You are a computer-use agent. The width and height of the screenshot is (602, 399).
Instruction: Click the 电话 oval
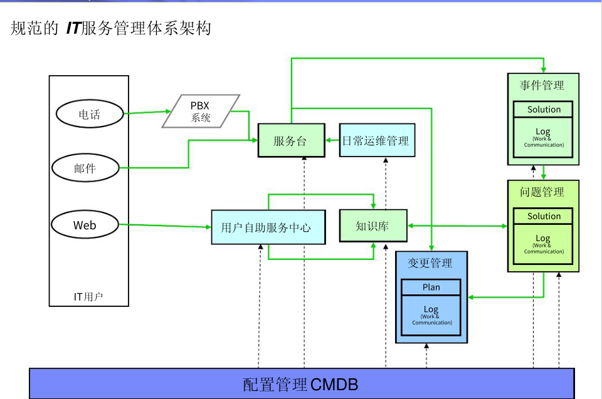click(x=89, y=114)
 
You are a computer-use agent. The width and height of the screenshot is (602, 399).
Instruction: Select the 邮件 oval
click(x=85, y=167)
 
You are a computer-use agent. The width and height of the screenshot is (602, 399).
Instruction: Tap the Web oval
click(x=85, y=225)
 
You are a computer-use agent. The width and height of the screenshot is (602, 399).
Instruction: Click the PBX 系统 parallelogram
click(x=201, y=111)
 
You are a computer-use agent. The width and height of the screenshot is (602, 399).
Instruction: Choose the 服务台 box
click(x=290, y=140)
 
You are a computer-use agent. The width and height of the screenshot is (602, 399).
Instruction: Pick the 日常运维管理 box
click(x=375, y=140)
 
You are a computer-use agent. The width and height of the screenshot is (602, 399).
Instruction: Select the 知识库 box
click(x=372, y=225)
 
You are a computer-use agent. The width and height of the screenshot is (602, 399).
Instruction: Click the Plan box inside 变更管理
click(x=431, y=288)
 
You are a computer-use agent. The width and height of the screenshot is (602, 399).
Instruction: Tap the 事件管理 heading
click(x=542, y=85)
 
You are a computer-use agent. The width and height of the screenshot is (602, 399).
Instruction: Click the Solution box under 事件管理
click(x=544, y=109)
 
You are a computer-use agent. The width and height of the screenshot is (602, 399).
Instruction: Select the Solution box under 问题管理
click(x=544, y=216)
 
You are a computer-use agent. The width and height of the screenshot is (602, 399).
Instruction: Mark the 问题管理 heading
click(x=542, y=192)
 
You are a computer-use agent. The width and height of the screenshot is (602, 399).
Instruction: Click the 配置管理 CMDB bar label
click(x=301, y=383)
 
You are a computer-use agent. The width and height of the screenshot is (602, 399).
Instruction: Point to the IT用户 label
click(x=88, y=296)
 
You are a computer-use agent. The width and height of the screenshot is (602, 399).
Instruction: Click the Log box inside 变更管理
click(x=431, y=314)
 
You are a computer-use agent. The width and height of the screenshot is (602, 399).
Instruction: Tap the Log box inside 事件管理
click(x=544, y=137)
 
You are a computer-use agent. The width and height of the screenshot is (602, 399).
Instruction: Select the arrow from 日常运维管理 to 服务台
click(x=332, y=140)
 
